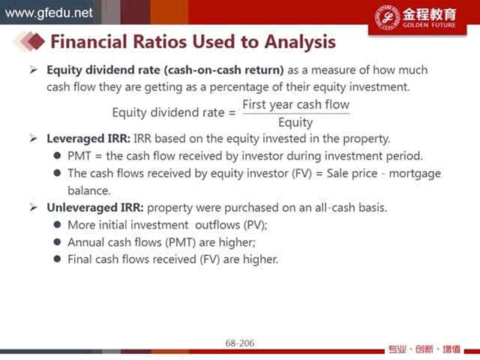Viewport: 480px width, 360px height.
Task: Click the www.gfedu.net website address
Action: (x=49, y=13)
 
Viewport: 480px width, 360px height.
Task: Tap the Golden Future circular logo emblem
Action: (x=387, y=17)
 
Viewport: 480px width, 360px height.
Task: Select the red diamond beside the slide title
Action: (x=36, y=41)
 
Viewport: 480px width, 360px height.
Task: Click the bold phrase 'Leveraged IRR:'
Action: (x=88, y=139)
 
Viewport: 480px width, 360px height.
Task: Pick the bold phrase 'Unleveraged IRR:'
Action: (x=95, y=208)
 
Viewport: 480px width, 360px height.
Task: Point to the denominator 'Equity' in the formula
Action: (x=295, y=123)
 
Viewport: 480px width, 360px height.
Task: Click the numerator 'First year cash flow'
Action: (x=295, y=105)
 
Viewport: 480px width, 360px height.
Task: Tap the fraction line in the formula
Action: (x=296, y=114)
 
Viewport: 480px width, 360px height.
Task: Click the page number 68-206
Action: (x=240, y=343)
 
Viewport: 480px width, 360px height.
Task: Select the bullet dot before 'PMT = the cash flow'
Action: (x=57, y=155)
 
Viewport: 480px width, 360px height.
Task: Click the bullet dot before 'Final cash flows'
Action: (x=57, y=259)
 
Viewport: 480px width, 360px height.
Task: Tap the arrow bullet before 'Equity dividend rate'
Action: (x=33, y=70)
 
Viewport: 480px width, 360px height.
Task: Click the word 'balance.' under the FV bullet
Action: (x=88, y=190)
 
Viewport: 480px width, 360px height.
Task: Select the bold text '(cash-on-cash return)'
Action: (x=223, y=70)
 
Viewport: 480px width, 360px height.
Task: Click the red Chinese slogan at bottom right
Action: (x=424, y=349)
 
